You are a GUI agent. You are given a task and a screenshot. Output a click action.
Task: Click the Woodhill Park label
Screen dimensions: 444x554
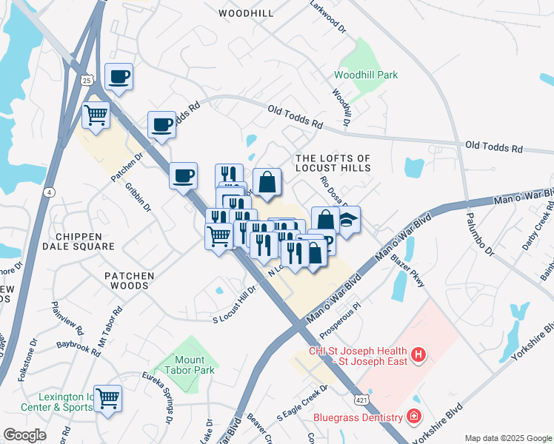point(366,75)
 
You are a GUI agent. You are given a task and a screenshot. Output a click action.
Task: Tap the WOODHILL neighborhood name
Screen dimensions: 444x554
point(247,13)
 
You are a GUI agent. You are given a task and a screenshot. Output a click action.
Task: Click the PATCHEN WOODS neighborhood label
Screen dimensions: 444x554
point(129,276)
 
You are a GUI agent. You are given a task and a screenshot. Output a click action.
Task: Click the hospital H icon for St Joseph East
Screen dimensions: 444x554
point(418,356)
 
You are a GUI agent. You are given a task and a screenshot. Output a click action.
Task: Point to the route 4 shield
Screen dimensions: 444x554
point(48,192)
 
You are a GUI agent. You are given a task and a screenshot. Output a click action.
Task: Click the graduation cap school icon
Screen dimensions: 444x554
point(347,219)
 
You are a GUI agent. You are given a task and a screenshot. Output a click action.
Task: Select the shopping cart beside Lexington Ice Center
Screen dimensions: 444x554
point(108,399)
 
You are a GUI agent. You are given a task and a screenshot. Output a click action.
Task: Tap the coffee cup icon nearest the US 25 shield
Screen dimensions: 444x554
point(119,76)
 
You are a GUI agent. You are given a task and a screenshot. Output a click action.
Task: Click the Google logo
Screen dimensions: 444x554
point(24,435)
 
